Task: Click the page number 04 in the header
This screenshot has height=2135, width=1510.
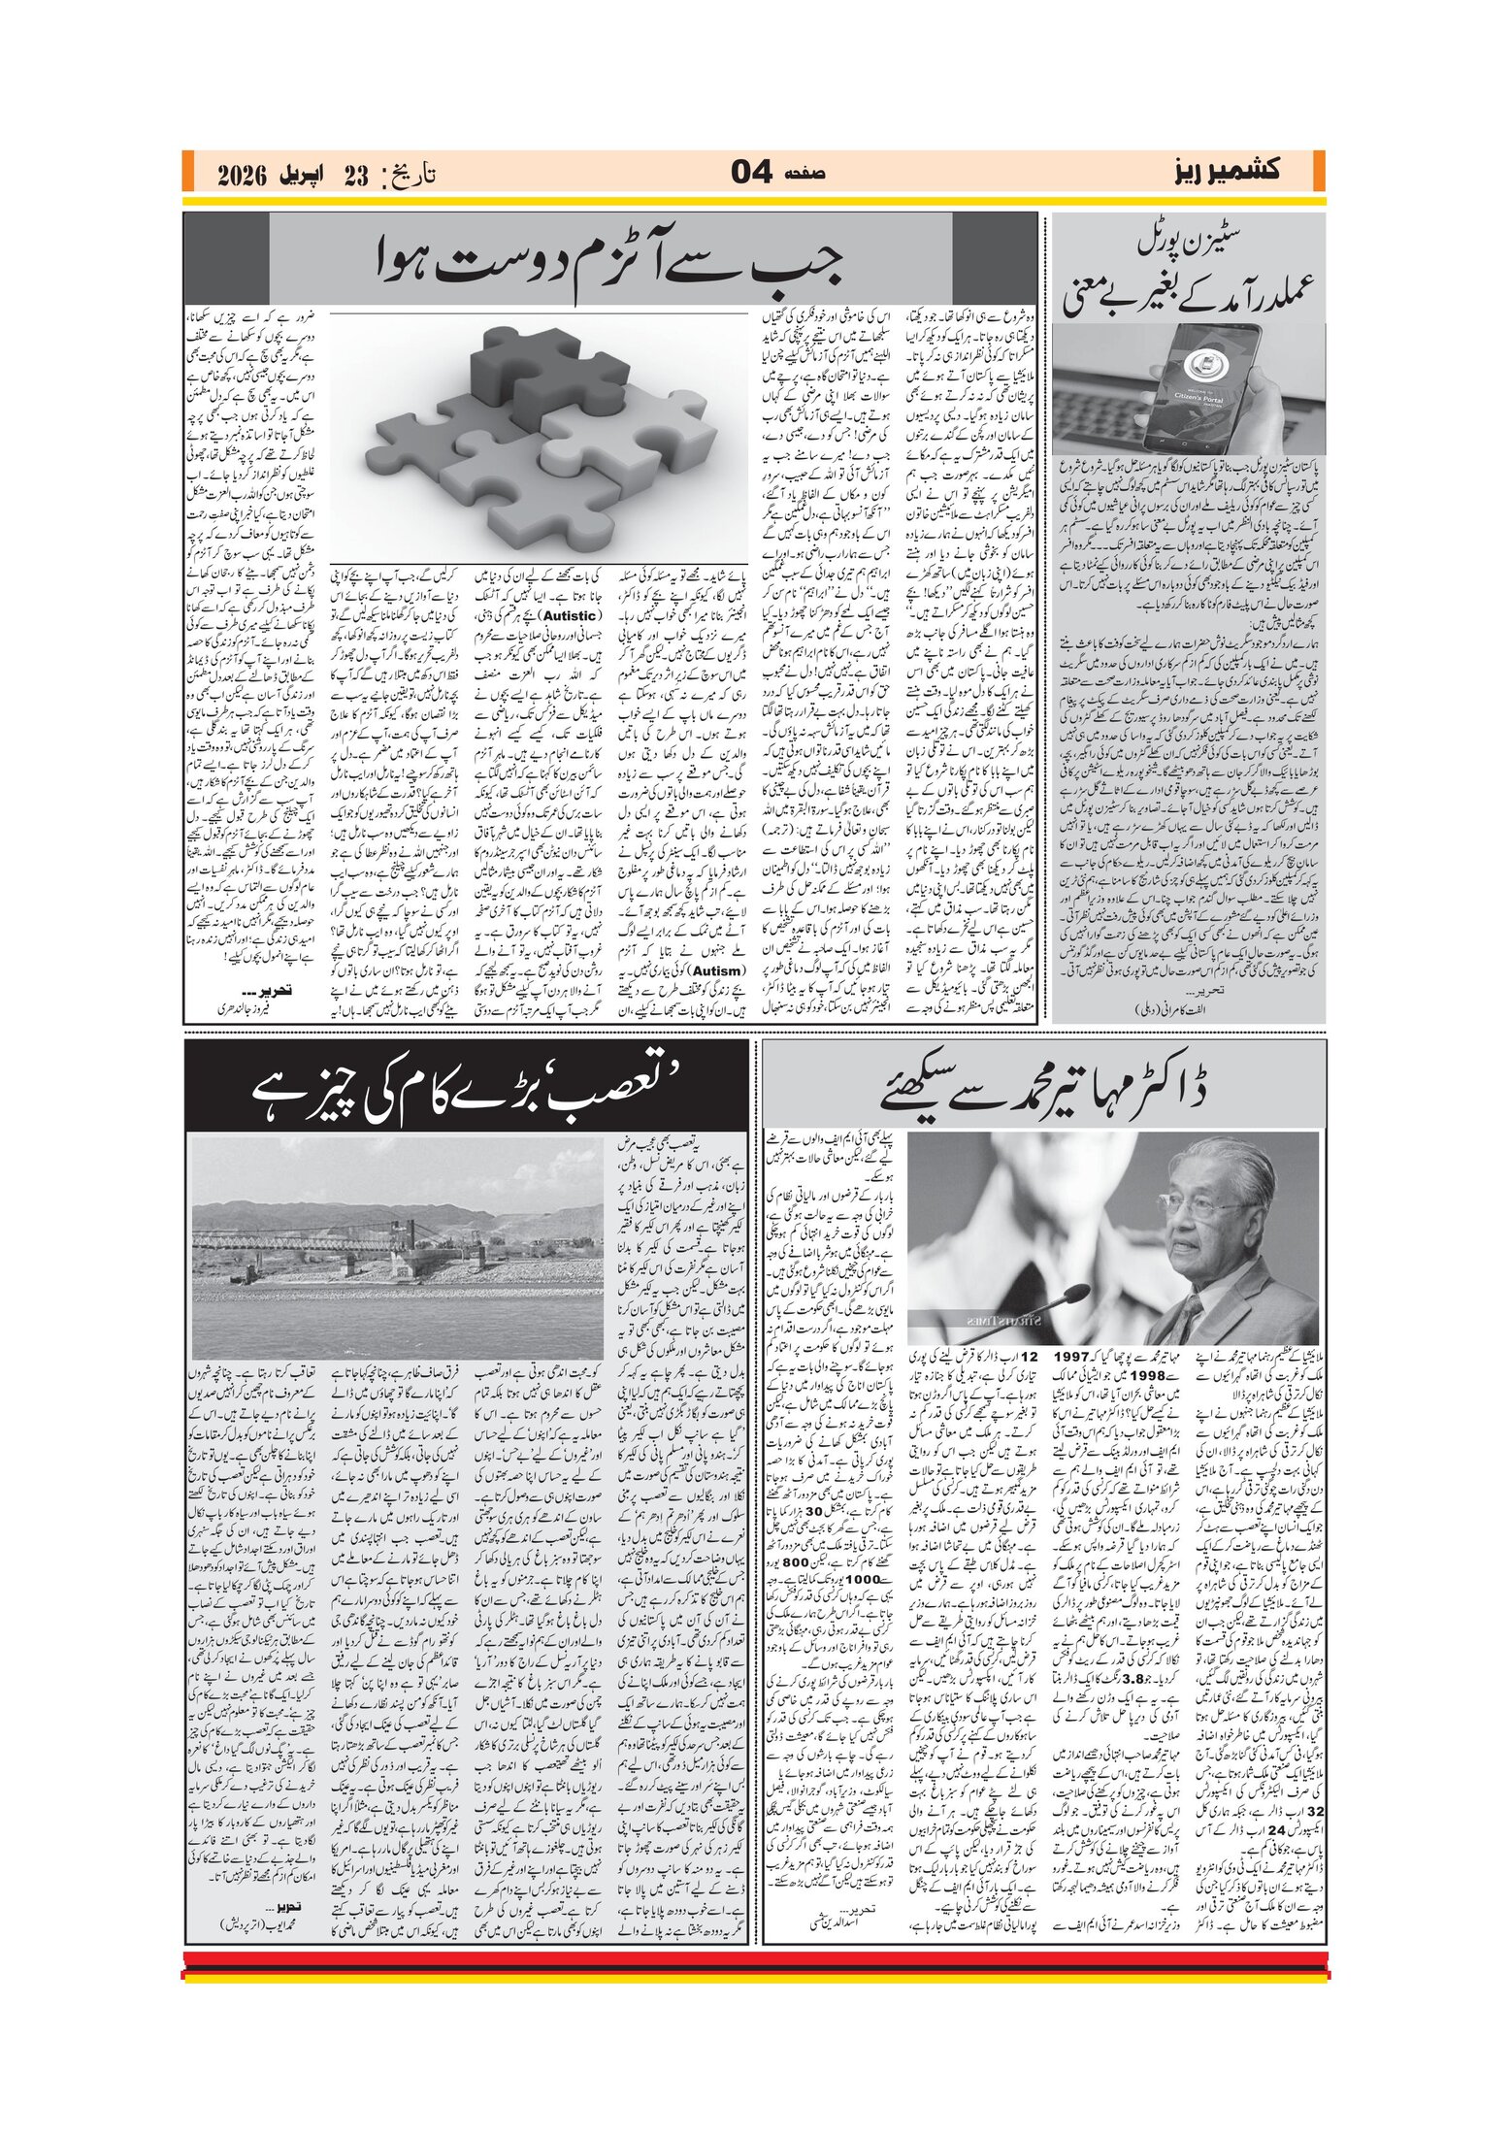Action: pyautogui.click(x=751, y=173)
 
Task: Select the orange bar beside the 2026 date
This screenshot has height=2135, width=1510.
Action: pyautogui.click(x=189, y=172)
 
